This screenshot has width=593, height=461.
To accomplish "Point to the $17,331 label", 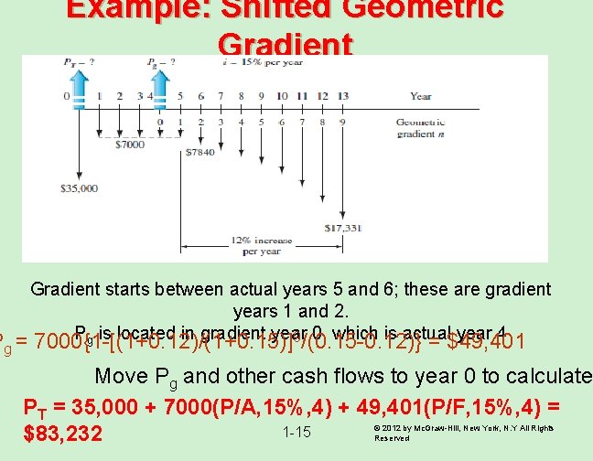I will [342, 227].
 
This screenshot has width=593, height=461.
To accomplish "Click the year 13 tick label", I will [342, 96].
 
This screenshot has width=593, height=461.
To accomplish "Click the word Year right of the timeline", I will [421, 96].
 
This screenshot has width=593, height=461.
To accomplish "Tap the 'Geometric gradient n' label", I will [422, 127].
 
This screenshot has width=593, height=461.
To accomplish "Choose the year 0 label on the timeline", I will [67, 96].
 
